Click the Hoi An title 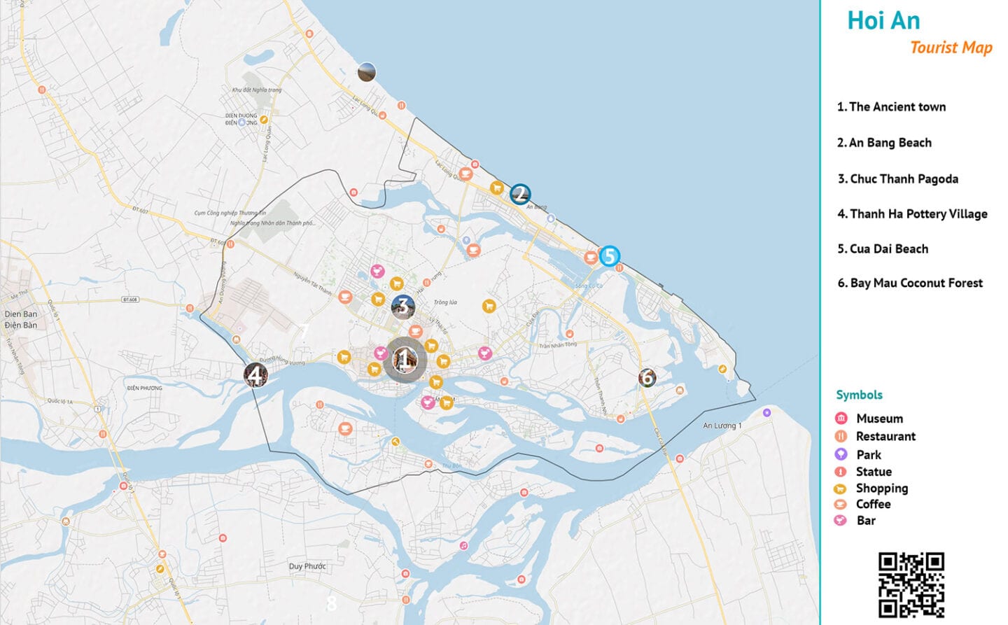[883, 21]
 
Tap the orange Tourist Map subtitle [951, 48]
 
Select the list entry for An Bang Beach [884, 143]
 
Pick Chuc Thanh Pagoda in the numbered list [898, 179]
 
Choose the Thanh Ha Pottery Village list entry [912, 214]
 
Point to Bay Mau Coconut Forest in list [910, 283]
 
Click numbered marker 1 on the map [404, 360]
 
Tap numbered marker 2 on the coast [519, 194]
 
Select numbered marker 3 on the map [402, 306]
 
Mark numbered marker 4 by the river [255, 375]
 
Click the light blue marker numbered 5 [609, 256]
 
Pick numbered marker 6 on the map [647, 378]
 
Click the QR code [911, 584]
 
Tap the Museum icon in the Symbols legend [841, 419]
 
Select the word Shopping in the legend [881, 488]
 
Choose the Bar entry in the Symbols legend [866, 521]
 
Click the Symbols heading [859, 395]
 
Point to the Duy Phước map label [307, 566]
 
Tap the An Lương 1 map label [722, 426]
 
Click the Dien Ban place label [21, 314]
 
